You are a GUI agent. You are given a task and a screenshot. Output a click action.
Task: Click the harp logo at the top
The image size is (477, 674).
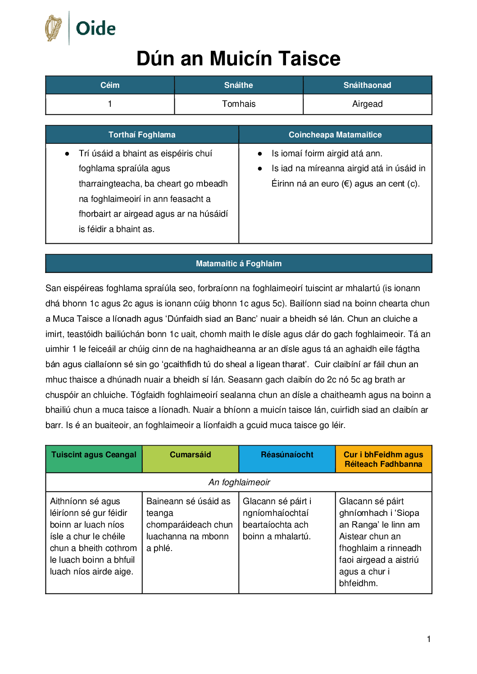click(x=54, y=28)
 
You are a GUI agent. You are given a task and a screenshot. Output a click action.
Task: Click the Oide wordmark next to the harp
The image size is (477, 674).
click(x=95, y=28)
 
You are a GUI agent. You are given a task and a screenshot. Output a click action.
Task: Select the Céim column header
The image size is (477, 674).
click(x=110, y=85)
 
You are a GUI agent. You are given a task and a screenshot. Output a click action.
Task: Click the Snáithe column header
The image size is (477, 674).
click(x=239, y=85)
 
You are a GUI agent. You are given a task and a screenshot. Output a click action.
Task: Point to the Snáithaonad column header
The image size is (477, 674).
click(x=367, y=85)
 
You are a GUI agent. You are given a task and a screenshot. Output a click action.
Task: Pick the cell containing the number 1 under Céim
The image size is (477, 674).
click(x=110, y=104)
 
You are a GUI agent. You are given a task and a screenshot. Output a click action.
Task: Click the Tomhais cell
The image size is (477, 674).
click(x=239, y=104)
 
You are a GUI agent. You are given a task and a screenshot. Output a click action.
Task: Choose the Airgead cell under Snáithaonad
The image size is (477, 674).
click(x=367, y=104)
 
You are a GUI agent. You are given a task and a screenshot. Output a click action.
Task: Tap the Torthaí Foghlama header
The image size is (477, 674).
click(x=142, y=135)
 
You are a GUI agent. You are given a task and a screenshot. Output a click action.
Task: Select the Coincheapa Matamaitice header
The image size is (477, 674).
click(x=335, y=135)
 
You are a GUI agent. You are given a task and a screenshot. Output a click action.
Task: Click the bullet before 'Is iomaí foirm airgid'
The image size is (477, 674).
click(x=260, y=154)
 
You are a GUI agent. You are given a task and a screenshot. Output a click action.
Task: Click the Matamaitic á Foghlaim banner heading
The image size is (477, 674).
click(x=239, y=264)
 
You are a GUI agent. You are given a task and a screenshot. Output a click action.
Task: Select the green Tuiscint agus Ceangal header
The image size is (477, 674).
click(x=94, y=455)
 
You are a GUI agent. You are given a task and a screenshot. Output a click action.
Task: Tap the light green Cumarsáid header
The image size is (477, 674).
click(x=190, y=455)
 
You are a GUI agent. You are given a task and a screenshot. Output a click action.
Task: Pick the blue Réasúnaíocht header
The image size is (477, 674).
click(x=287, y=455)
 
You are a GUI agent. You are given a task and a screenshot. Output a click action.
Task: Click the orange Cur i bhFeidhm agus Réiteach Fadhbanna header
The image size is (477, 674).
click(x=383, y=459)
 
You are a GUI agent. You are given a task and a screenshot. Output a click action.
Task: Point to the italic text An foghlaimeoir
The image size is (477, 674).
click(x=239, y=483)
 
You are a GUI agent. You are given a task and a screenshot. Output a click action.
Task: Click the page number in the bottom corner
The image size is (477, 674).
click(x=429, y=639)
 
